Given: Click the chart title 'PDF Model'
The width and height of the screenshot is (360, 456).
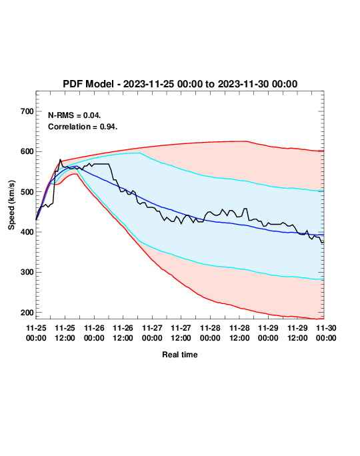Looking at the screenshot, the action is pyautogui.click(x=88, y=84).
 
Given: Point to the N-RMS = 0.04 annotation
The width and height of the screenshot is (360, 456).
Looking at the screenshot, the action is pyautogui.click(x=75, y=115).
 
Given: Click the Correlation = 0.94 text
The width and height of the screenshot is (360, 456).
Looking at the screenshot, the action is pyautogui.click(x=83, y=127).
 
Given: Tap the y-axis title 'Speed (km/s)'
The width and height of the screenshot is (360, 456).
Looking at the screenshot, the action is pyautogui.click(x=11, y=205).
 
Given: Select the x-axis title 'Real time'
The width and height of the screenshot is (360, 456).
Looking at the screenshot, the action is pyautogui.click(x=180, y=355).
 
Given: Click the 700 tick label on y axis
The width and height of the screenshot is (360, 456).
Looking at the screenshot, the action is pyautogui.click(x=27, y=111).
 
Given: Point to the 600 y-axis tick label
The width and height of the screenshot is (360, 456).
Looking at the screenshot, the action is pyautogui.click(x=27, y=151).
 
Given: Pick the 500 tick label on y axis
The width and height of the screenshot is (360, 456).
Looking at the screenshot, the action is pyautogui.click(x=27, y=192).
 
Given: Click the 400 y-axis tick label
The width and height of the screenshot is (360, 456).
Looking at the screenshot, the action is pyautogui.click(x=27, y=232).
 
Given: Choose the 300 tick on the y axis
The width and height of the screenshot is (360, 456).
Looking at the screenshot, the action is pyautogui.click(x=27, y=272).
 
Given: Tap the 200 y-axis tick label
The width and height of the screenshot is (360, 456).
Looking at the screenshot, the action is pyautogui.click(x=27, y=313).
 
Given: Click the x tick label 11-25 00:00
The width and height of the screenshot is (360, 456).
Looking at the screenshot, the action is pyautogui.click(x=36, y=333).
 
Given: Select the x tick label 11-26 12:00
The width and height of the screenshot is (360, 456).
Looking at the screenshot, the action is pyautogui.click(x=123, y=333).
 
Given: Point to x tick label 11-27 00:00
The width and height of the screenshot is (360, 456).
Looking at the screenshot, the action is pyautogui.click(x=152, y=333).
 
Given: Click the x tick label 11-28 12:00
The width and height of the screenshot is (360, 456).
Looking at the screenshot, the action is pyautogui.click(x=239, y=333).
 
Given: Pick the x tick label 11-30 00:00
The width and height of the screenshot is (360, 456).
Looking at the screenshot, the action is pyautogui.click(x=326, y=333).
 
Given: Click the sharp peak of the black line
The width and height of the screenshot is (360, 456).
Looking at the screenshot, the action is pyautogui.click(x=60, y=159).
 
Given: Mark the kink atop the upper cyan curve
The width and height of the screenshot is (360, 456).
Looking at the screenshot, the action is pyautogui.click(x=140, y=153).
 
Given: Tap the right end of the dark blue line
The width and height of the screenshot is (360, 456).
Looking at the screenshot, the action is pyautogui.click(x=323, y=235).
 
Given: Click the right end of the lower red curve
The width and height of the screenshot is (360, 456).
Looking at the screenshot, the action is pyautogui.click(x=323, y=319).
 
